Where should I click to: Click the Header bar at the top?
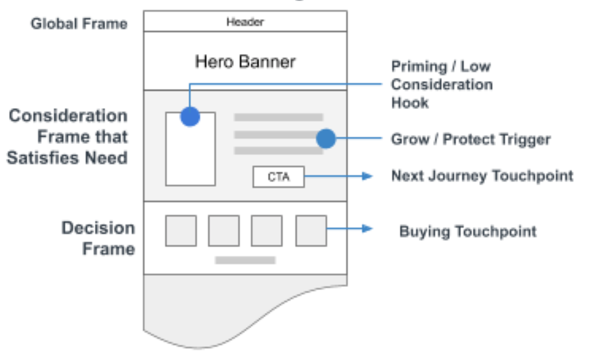245,22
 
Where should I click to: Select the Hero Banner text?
245,62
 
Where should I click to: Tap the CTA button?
278,177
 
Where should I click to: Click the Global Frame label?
79,24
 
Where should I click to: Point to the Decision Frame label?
98,238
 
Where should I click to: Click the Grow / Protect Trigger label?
471,140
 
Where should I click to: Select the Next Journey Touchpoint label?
482,176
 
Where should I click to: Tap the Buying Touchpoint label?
467,231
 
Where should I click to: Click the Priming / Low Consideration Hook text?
441,85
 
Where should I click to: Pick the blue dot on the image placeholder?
190,116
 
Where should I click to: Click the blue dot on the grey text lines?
326,139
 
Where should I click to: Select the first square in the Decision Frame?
181,231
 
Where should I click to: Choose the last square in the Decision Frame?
311,231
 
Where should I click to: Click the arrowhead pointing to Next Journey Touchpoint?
368,176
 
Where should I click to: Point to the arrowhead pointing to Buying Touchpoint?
368,229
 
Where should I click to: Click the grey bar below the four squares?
245,260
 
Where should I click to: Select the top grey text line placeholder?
278,117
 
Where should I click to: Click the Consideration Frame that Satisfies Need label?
68,137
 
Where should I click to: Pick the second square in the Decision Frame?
223,231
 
